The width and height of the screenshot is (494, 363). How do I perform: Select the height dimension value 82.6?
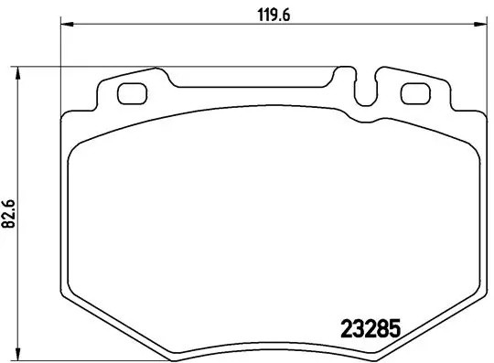point(9,216)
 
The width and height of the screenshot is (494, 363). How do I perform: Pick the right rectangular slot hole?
point(416,92)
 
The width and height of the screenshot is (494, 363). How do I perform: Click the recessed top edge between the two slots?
point(256,89)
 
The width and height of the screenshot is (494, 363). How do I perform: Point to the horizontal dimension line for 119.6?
point(183,26)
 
